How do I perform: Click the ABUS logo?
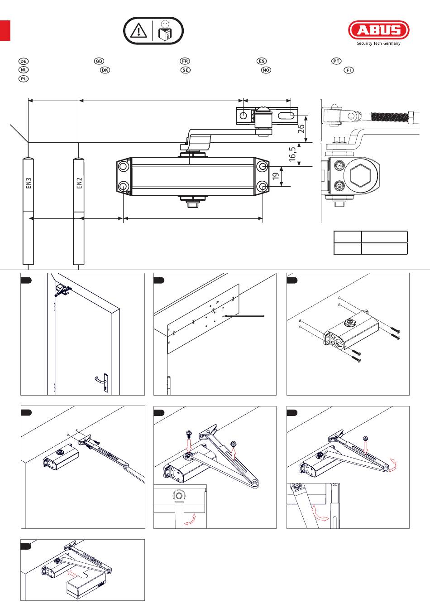pyautogui.click(x=379, y=30)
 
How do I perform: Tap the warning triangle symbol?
pyautogui.click(x=139, y=30)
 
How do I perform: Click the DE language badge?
pyautogui.click(x=24, y=61)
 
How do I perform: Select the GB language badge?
pyautogui.click(x=99, y=61)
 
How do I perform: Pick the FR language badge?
pyautogui.click(x=185, y=61)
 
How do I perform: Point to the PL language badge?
pyautogui.click(x=24, y=79)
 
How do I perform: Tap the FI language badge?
pyautogui.click(x=349, y=70)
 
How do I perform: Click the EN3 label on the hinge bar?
pyautogui.click(x=29, y=183)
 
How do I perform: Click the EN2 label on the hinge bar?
pyautogui.click(x=79, y=183)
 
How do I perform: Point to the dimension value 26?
pyautogui.click(x=301, y=128)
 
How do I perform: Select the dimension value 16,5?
pyautogui.click(x=292, y=154)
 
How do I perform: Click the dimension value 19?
pyautogui.click(x=276, y=176)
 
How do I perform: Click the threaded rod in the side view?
pyautogui.click(x=390, y=116)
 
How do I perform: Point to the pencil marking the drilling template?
pyautogui.click(x=244, y=316)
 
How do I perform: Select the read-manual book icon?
pyautogui.click(x=165, y=30)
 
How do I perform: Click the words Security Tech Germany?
pyautogui.click(x=379, y=43)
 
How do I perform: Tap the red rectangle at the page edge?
pyautogui.click(x=5, y=30)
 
